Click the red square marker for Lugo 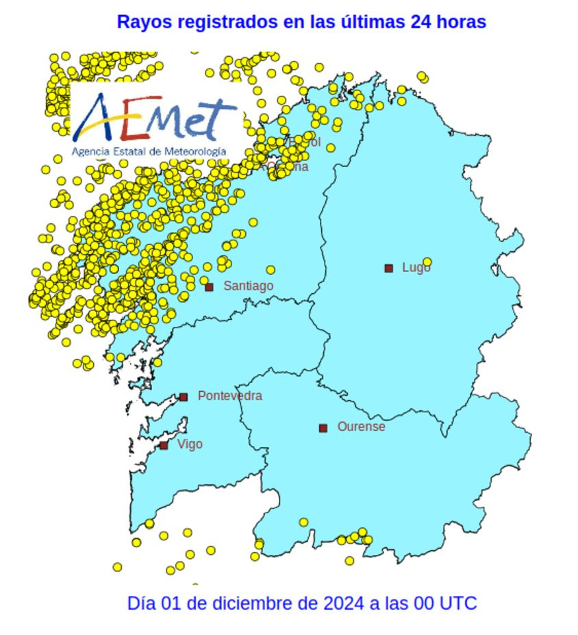(x=389, y=268)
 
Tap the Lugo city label (x=416, y=268)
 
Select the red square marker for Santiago (x=210, y=287)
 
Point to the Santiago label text (x=248, y=286)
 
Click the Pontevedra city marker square (x=184, y=397)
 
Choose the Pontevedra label (x=229, y=396)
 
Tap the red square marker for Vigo (x=164, y=445)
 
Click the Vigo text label (x=190, y=445)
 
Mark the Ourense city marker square (x=323, y=428)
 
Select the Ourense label (x=361, y=427)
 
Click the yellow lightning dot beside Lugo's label (x=427, y=262)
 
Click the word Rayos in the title (x=144, y=22)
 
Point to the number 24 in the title (x=420, y=22)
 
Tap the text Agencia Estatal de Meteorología (x=149, y=151)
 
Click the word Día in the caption (x=141, y=603)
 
